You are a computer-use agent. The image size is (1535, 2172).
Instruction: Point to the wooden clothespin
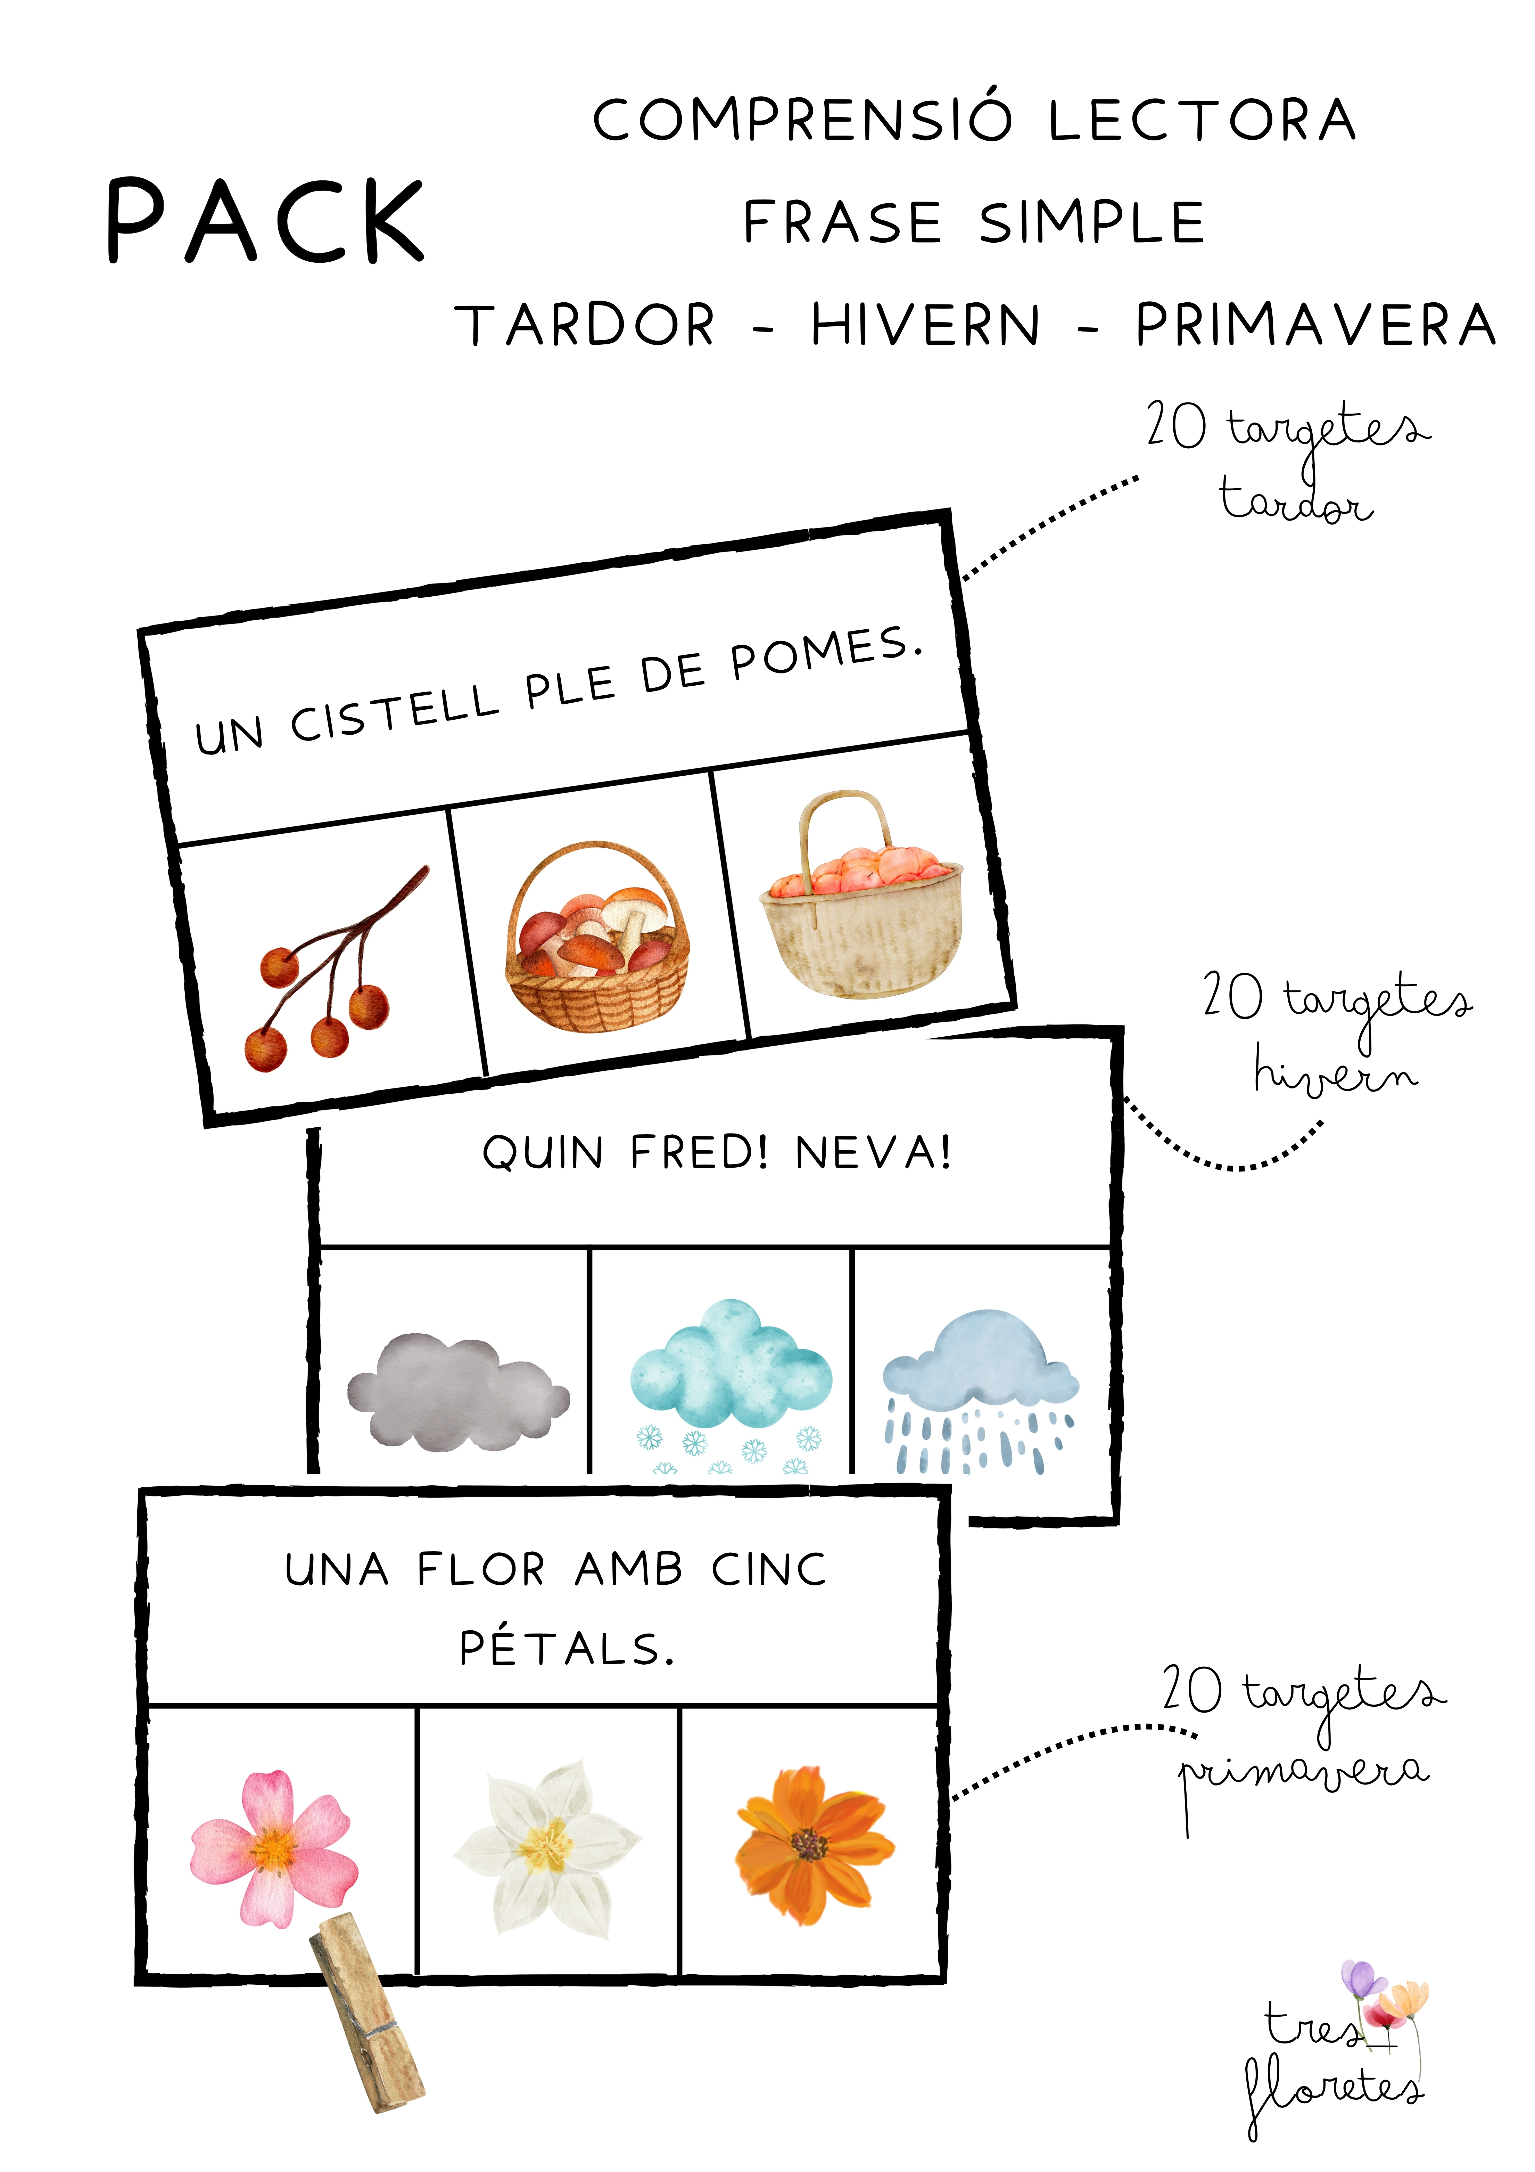tap(367, 2010)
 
